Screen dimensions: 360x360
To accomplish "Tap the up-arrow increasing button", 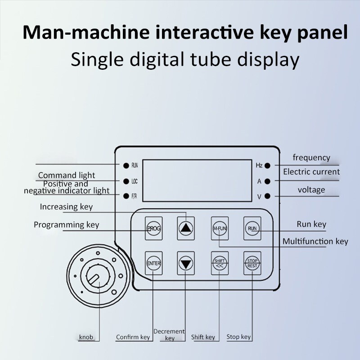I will point(185,228).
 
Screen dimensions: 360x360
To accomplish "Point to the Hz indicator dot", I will point(267,166).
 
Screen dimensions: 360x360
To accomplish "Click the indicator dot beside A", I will point(267,181).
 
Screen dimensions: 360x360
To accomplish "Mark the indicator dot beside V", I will point(267,196).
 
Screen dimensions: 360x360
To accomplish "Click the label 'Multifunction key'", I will point(315,242).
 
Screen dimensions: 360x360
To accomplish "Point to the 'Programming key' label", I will point(67,225).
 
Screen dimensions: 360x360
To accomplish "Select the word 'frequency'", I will point(311,157).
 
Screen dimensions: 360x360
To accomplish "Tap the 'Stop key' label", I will point(238,337).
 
